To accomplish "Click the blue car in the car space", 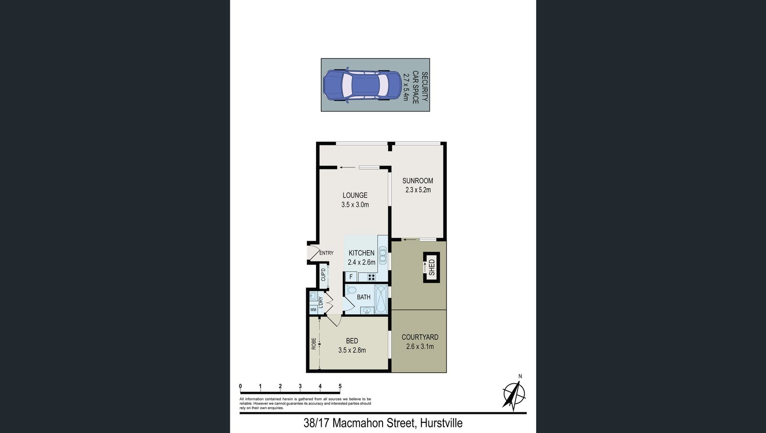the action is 362,85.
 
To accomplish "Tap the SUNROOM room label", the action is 417,181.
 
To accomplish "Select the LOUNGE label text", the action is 355,195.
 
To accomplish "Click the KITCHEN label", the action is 361,253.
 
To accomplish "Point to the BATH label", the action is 363,297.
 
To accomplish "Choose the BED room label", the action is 352,341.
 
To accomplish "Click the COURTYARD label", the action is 420,337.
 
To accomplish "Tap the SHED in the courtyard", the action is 431,267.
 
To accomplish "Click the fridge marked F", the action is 351,277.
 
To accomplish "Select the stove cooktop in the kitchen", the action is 372,277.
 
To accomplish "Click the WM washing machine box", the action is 313,310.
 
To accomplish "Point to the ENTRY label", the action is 326,253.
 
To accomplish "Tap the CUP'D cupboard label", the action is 323,275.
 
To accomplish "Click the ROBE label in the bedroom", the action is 314,344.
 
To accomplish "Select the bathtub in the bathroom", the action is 381,299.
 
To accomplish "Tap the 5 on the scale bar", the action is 340,386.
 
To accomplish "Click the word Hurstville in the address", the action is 441,423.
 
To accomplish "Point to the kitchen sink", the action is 383,254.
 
